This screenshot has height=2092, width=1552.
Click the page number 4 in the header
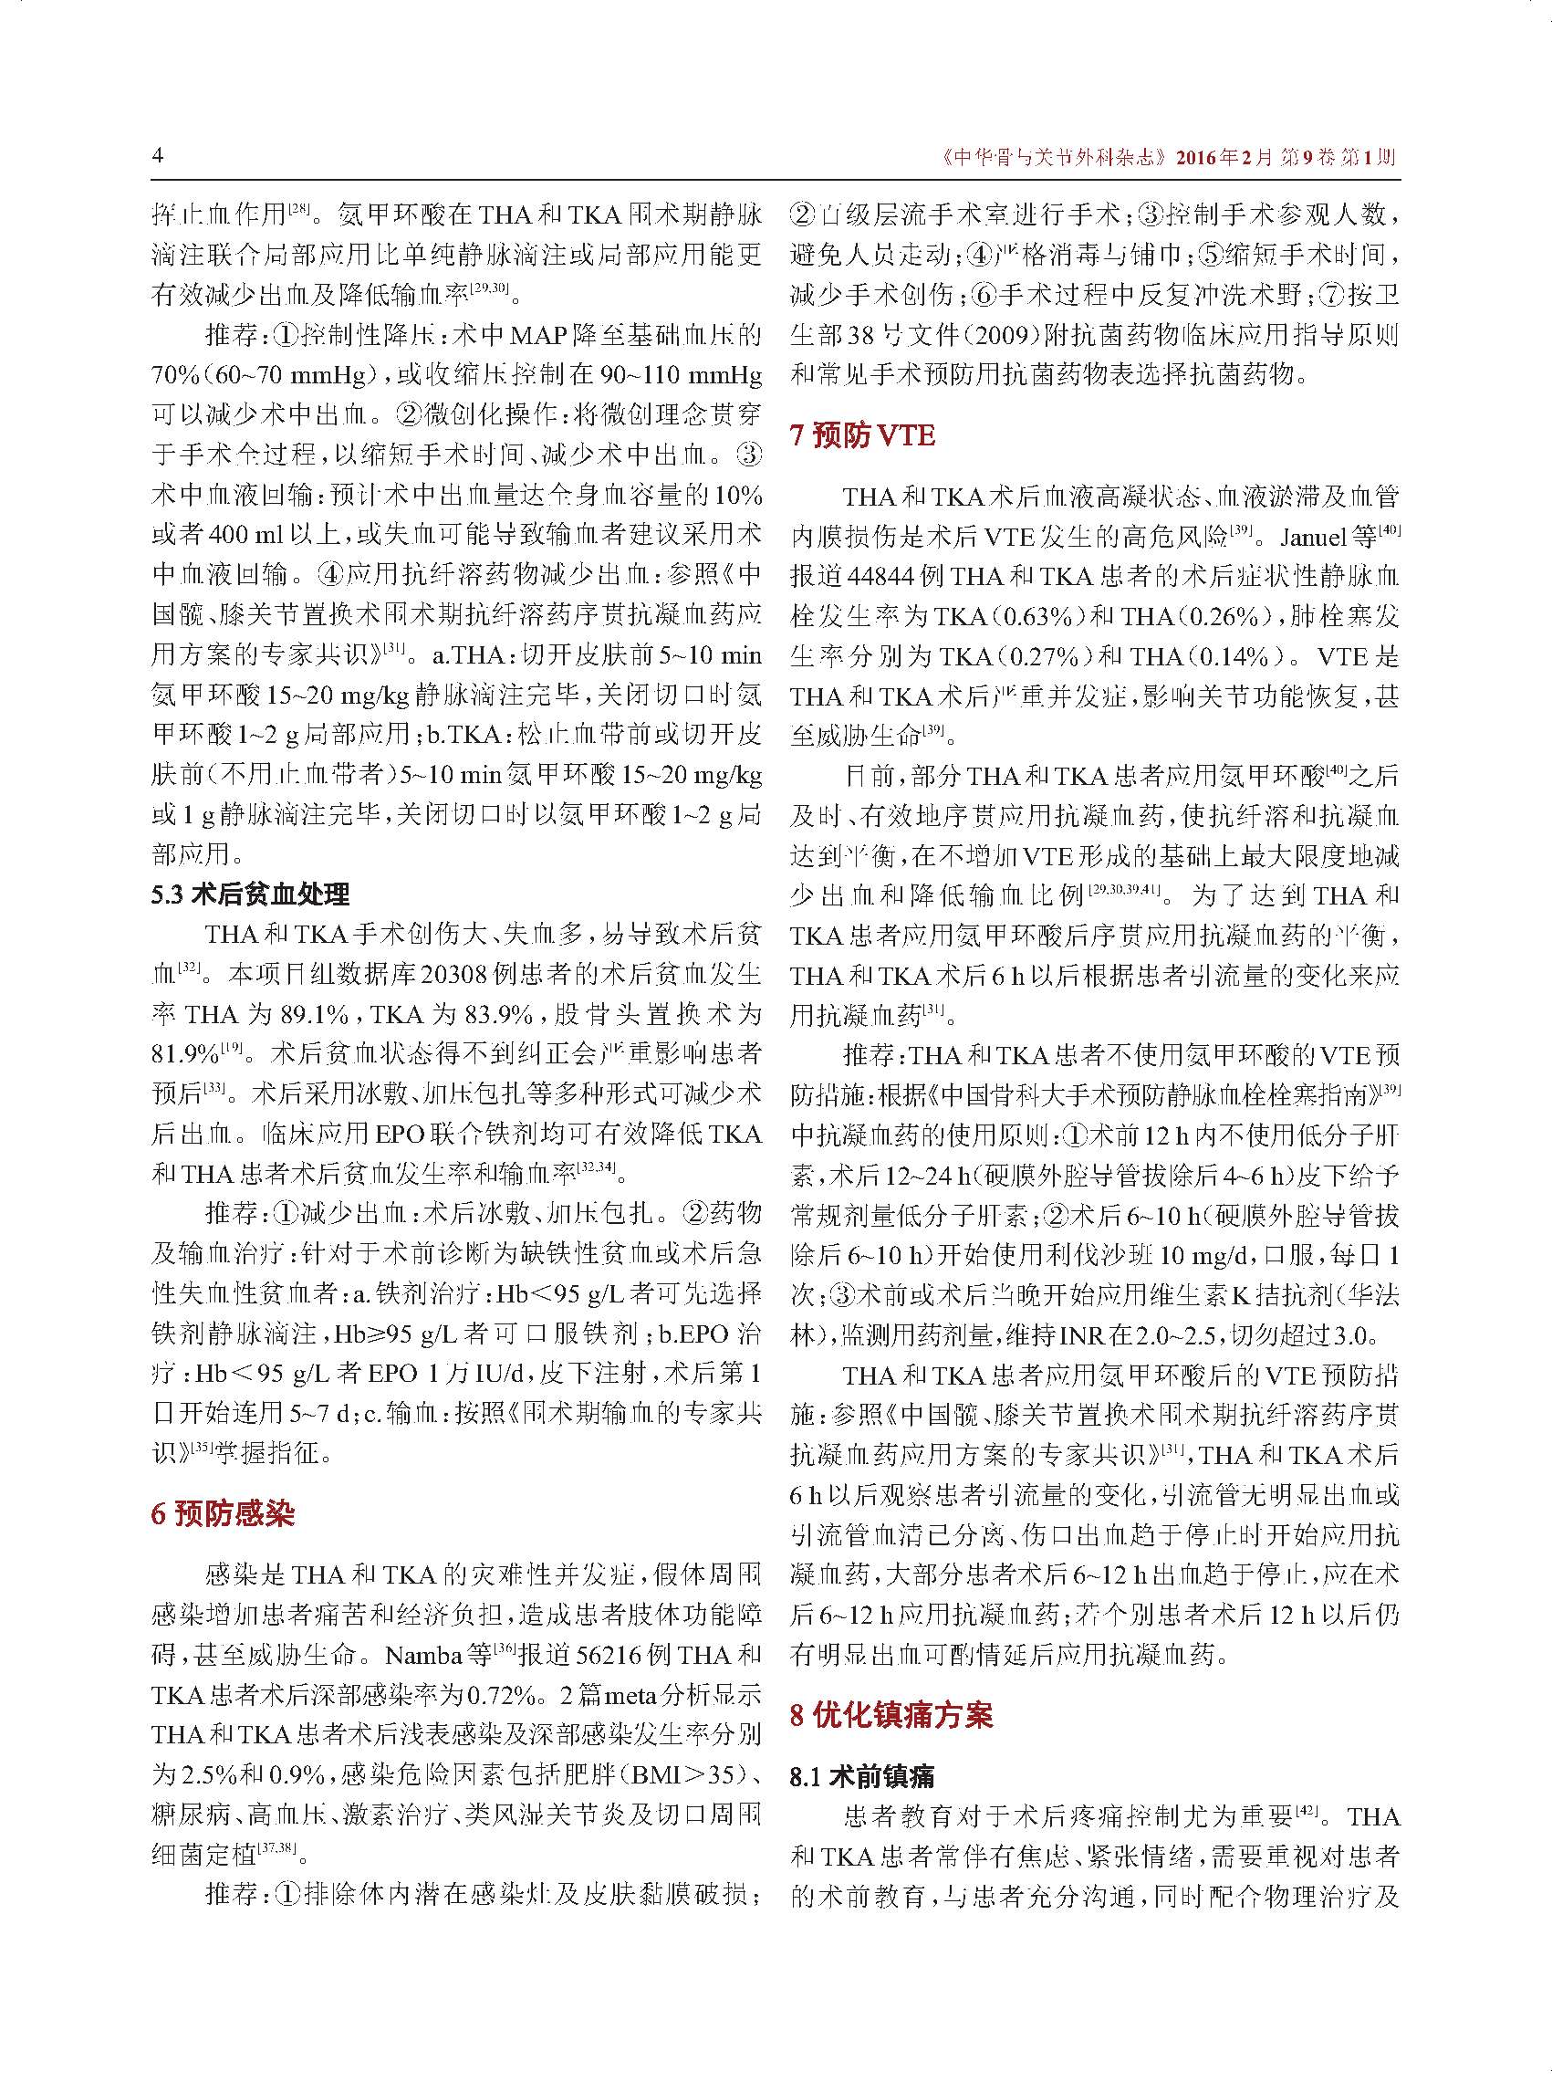[x=158, y=155]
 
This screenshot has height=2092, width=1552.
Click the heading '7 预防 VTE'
[x=861, y=435]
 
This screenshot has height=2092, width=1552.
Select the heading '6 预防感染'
[x=223, y=1514]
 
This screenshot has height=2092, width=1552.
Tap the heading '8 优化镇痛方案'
[x=890, y=1714]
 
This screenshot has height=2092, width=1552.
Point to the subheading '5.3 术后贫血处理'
[x=250, y=894]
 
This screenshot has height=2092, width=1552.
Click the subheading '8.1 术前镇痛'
[x=861, y=1776]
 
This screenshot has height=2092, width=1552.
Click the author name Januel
[x=1312, y=537]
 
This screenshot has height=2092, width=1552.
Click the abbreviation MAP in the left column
[x=536, y=336]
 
